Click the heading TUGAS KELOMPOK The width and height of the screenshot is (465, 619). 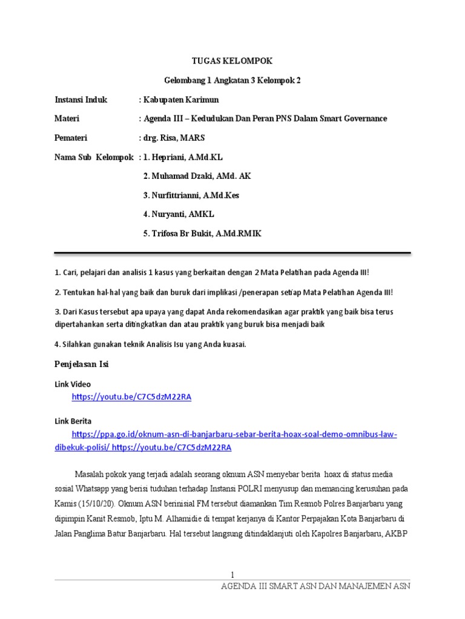[232, 61]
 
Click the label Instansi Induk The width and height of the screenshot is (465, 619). [81, 100]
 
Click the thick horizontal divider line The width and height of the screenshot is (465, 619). [232, 253]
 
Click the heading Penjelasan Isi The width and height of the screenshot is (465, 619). [81, 365]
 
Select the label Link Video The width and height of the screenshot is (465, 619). [73, 384]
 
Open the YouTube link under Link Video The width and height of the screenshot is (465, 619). [131, 397]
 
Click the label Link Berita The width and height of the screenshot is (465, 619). [73, 421]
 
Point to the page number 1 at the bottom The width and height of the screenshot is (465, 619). [232, 574]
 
